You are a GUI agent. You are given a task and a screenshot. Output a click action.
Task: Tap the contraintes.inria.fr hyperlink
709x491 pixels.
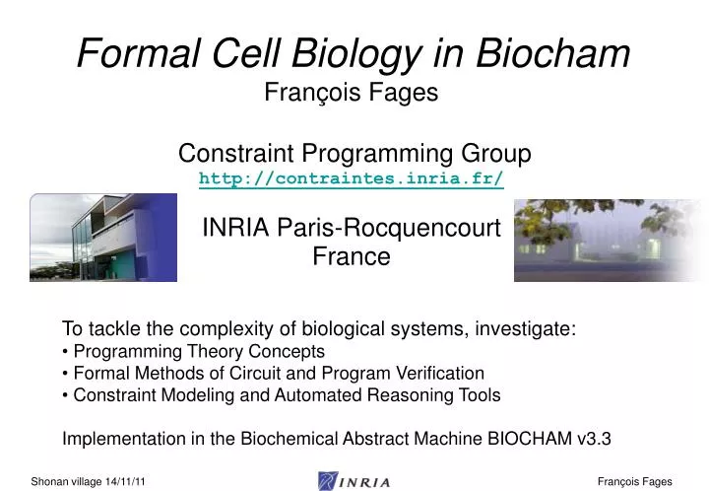(354, 178)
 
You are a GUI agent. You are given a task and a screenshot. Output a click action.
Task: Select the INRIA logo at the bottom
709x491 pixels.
(354, 480)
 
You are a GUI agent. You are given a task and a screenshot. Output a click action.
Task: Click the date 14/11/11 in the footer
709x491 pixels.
(127, 481)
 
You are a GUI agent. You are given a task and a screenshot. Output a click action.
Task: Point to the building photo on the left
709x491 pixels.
(103, 238)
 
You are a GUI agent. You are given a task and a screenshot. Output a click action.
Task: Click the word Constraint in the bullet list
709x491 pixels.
(109, 395)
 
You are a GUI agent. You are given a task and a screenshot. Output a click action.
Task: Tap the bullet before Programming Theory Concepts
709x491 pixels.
(66, 352)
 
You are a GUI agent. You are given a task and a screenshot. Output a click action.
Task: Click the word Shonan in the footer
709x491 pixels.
(50, 481)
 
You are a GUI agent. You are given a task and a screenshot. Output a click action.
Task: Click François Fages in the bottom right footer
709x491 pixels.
(634, 481)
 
